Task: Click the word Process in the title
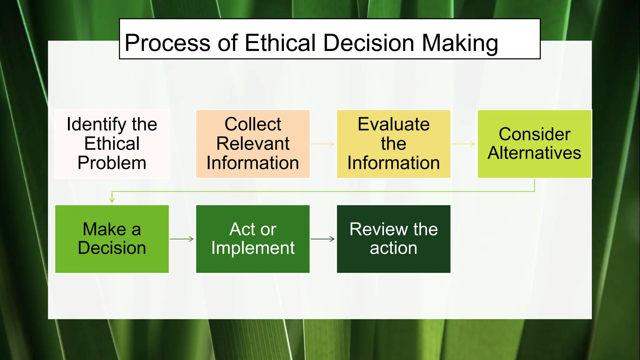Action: point(167,43)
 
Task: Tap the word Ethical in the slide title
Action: point(280,43)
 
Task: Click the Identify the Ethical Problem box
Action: point(112,144)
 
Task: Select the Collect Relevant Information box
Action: point(252,144)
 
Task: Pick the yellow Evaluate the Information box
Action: point(393,144)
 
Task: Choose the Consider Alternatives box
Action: point(534,144)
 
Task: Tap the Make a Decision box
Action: point(112,239)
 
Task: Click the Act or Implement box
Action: point(252,239)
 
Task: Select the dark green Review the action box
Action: point(393,239)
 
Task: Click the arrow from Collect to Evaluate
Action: point(323,144)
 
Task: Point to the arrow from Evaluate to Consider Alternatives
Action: point(464,144)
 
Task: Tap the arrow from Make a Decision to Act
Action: point(182,239)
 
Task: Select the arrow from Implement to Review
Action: point(323,239)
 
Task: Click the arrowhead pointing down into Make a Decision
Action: point(112,200)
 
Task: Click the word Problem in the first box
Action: point(112,163)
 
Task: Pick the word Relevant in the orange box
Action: point(252,144)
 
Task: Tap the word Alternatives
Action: point(534,153)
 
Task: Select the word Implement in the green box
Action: point(252,248)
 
